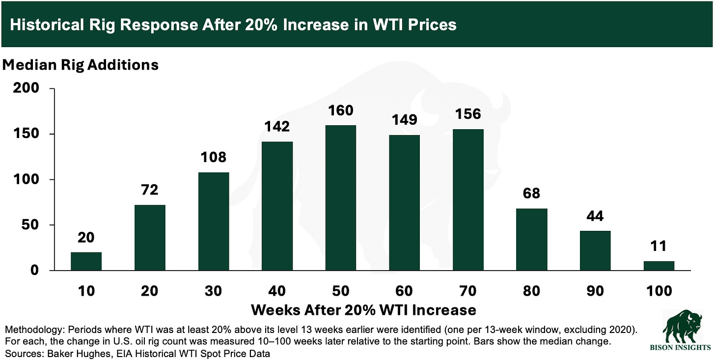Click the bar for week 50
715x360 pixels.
coord(341,197)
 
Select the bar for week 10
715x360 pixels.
coord(86,261)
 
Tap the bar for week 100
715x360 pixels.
coord(659,265)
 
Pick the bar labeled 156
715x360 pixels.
coord(468,199)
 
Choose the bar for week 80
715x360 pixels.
coord(532,239)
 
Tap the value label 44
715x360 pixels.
coord(595,216)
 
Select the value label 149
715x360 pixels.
coord(404,120)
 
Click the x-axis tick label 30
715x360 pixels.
coord(213,291)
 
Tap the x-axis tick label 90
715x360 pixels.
coord(595,291)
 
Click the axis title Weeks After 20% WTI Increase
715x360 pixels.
coord(363,310)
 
